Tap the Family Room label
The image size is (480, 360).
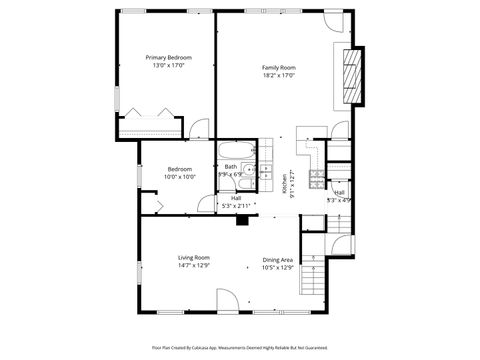(279, 67)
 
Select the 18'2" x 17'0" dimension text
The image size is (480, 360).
(279, 74)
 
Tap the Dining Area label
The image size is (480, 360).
(277, 259)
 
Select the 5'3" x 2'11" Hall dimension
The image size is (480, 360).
(236, 205)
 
